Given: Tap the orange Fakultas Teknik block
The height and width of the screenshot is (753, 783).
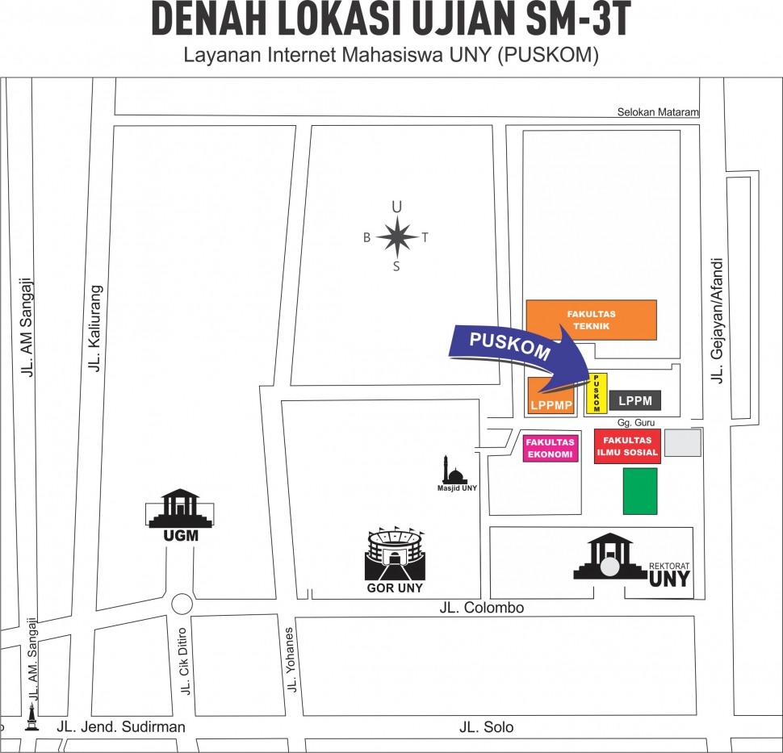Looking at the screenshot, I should click(x=591, y=320).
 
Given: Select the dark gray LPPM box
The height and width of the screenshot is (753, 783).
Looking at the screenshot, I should click(x=635, y=400).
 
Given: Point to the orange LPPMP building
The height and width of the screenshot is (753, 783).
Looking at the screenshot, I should click(x=551, y=396).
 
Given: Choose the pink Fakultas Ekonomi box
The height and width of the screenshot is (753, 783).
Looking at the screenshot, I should click(x=551, y=448).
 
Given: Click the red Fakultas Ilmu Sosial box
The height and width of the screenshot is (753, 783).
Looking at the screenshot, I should click(x=627, y=446).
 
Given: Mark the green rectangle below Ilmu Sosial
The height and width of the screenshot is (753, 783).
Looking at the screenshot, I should click(x=640, y=492).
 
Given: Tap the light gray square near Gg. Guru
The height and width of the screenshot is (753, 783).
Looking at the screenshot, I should click(x=682, y=442).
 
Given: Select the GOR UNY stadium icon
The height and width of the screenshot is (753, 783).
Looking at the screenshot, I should click(x=395, y=554).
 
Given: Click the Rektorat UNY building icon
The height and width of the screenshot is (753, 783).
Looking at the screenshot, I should click(x=612, y=558).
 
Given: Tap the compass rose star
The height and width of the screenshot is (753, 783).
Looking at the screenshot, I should click(x=396, y=237).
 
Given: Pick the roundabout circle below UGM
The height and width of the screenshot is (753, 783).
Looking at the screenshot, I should click(x=182, y=604).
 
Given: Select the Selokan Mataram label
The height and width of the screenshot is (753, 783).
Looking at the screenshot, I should click(x=658, y=112).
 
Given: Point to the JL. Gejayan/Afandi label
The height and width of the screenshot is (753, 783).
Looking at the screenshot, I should click(x=716, y=319).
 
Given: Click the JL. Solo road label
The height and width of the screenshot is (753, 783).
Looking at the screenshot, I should click(x=486, y=727).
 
